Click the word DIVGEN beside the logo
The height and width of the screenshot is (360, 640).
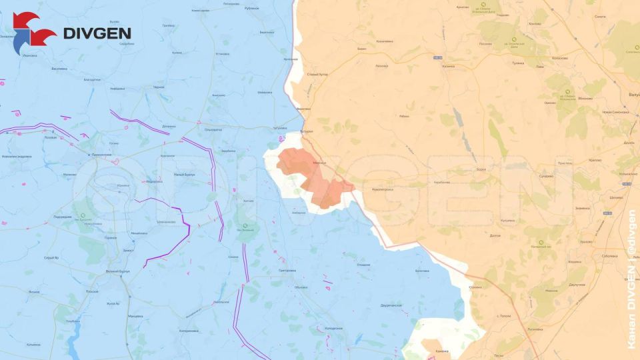point(97,33)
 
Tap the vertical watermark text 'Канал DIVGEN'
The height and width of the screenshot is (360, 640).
point(631,313)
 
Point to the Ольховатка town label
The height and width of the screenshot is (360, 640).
point(213,129)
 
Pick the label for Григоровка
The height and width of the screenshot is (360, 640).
point(287,271)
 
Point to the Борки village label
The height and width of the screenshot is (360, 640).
point(481,169)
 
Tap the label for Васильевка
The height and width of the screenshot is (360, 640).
point(59,68)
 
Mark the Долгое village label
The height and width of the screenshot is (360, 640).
point(495,235)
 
